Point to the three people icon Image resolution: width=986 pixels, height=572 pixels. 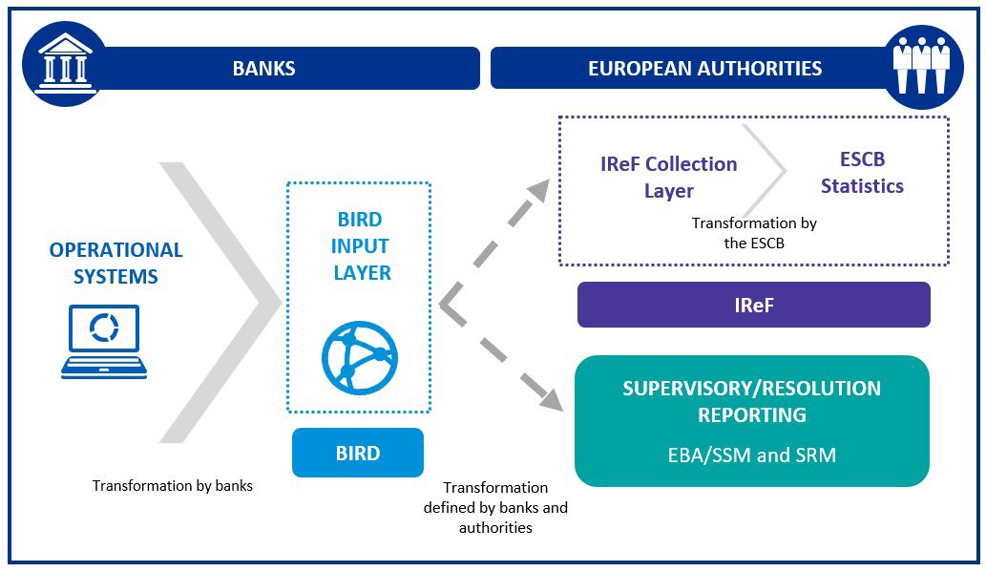[x=921, y=65]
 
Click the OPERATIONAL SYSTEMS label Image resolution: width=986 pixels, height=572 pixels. [x=115, y=264]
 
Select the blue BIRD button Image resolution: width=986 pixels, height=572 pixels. [x=358, y=453]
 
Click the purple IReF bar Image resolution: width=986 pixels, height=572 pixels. [x=753, y=305]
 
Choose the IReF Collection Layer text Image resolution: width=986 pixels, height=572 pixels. [x=668, y=177]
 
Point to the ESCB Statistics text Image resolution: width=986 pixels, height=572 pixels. [x=862, y=173]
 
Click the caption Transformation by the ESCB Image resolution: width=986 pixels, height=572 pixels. [x=754, y=232]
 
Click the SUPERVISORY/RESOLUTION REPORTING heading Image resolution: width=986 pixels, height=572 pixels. [x=751, y=402]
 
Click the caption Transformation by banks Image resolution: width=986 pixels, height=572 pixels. [x=173, y=485]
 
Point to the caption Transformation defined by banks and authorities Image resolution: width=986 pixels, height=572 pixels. [x=495, y=507]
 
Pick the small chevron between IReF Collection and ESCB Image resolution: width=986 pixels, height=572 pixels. [x=768, y=172]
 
